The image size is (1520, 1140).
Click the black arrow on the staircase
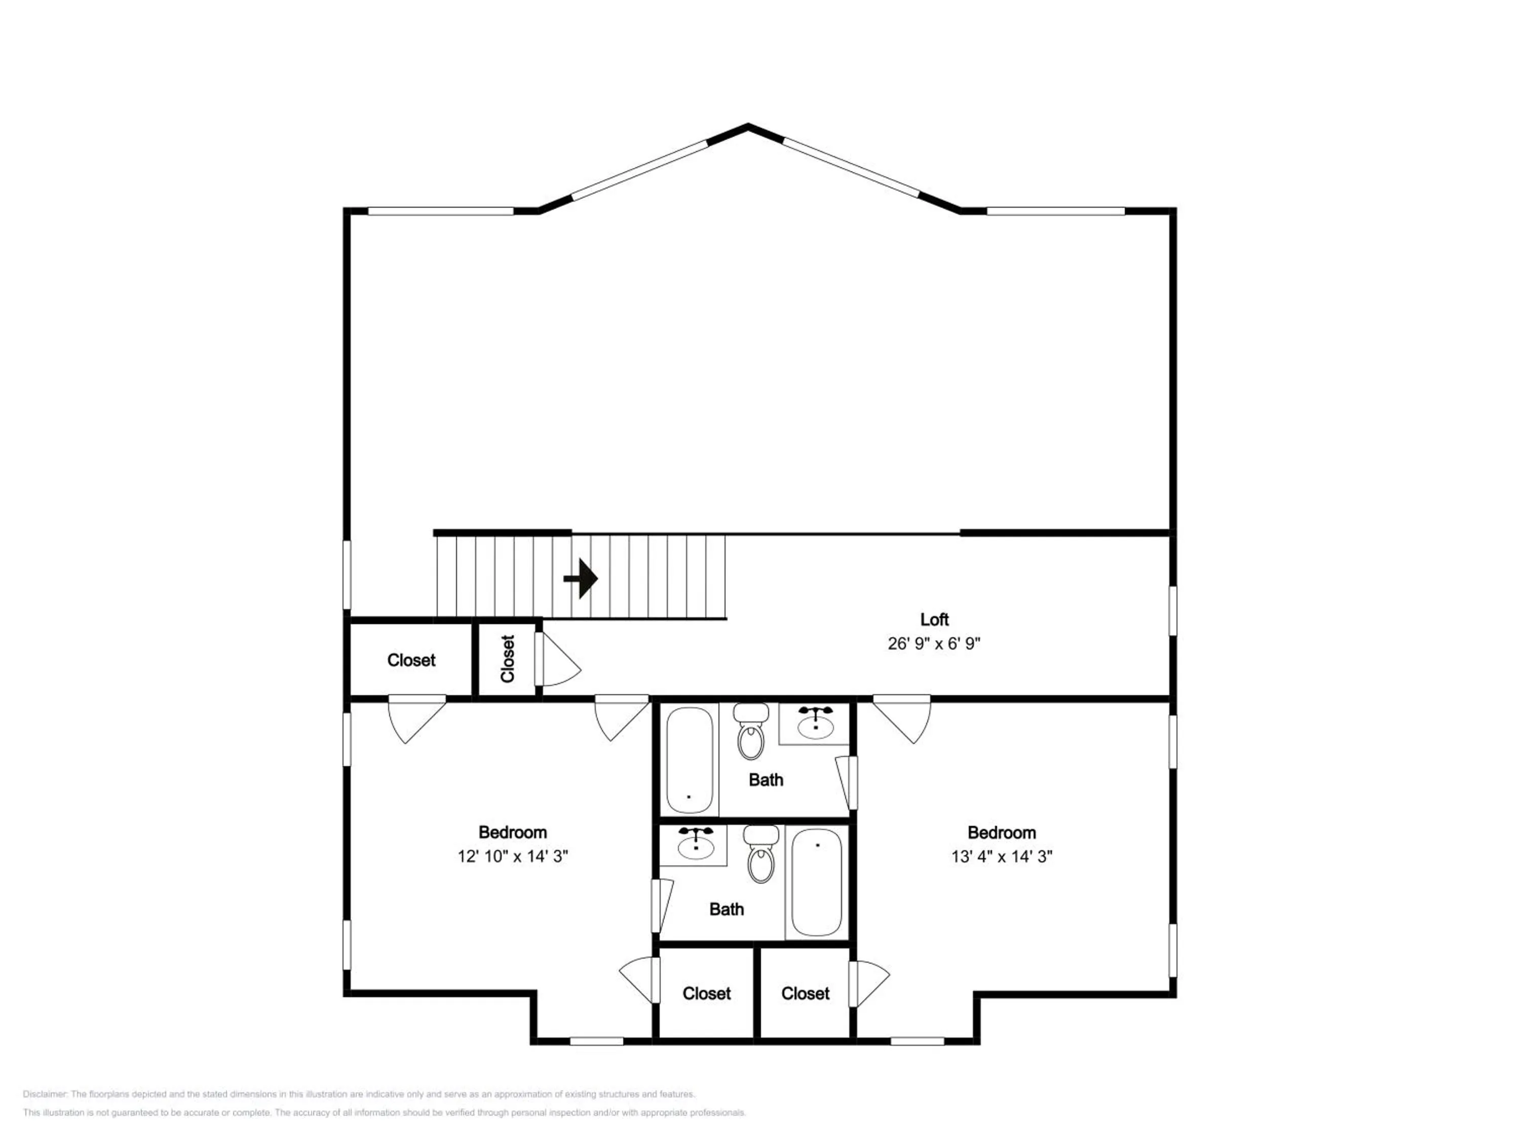click(x=581, y=579)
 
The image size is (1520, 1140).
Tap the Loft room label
click(x=934, y=619)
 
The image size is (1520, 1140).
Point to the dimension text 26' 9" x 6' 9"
click(x=934, y=643)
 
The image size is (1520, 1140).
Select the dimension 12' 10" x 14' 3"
click(x=513, y=856)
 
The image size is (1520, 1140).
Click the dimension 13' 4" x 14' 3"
click(x=1002, y=856)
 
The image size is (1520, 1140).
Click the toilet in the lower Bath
click(x=762, y=854)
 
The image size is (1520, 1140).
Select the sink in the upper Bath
click(x=816, y=723)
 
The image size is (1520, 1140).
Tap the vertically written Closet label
click(x=508, y=658)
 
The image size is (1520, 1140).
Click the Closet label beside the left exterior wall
click(x=411, y=660)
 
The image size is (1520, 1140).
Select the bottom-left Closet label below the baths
click(x=706, y=994)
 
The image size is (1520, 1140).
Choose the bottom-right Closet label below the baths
click(x=806, y=994)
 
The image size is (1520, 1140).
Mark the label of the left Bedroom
click(x=513, y=832)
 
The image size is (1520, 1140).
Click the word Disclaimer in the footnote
click(x=45, y=1094)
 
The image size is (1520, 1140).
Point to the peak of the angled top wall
click(x=748, y=126)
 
